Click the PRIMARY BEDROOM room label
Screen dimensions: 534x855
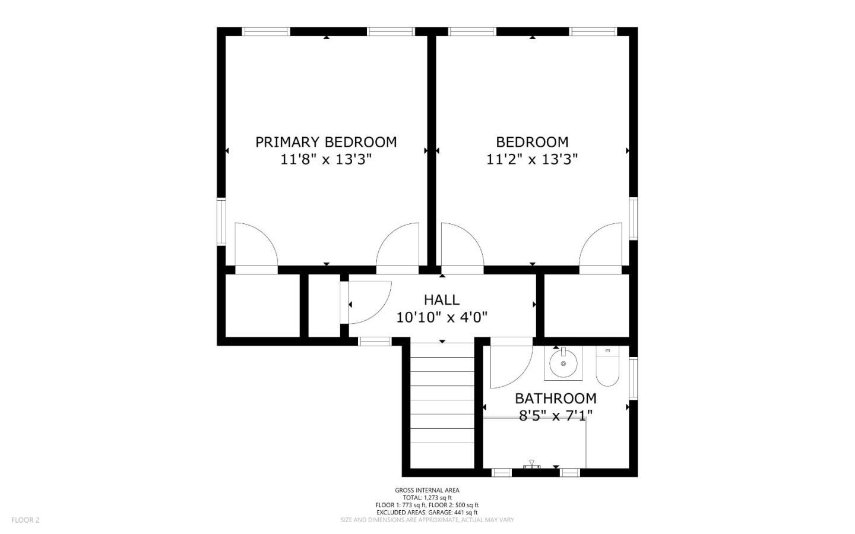[x=326, y=142]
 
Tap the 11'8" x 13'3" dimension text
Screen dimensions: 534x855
[x=326, y=159]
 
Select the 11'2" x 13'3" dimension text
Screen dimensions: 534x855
[x=532, y=159]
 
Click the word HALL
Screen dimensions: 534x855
[x=442, y=299]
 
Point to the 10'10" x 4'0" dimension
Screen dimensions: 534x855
[x=442, y=317]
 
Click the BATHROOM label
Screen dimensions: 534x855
[x=555, y=399]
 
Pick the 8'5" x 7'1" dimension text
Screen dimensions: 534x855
[x=555, y=415]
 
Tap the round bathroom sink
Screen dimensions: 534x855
[x=563, y=362]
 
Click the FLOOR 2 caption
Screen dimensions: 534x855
[x=25, y=520]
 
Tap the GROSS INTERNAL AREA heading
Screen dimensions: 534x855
[x=427, y=490]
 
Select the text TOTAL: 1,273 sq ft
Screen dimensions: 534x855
[x=427, y=498]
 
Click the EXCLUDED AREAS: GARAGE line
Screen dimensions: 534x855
[x=427, y=512]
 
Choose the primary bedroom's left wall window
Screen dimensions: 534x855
[x=221, y=222]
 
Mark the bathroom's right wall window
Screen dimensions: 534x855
[x=634, y=378]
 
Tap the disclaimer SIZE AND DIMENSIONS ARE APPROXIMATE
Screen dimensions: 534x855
[x=427, y=520]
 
